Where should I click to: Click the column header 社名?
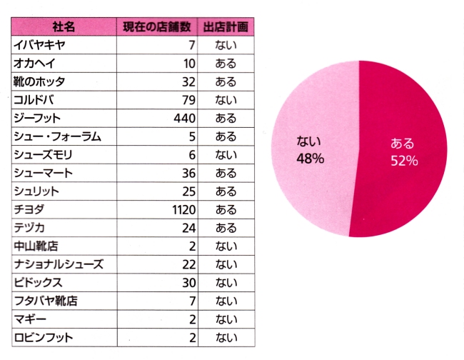[x=64, y=27]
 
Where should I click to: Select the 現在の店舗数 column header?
[x=157, y=27]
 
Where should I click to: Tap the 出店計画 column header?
[x=226, y=27]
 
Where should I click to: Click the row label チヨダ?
[x=29, y=209]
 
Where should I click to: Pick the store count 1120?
[x=183, y=210]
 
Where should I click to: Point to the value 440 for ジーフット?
[x=185, y=119]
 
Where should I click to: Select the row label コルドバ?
[x=34, y=100]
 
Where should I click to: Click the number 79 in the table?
[x=188, y=100]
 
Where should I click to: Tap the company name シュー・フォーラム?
[x=57, y=136]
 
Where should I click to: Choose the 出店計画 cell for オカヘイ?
[x=226, y=64]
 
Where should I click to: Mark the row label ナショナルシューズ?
[x=59, y=264]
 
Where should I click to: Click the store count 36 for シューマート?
[x=188, y=173]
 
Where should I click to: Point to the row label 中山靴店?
[x=36, y=246]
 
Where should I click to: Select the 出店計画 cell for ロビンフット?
[x=226, y=337]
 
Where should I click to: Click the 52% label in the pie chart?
[x=404, y=161]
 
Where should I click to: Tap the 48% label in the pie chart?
[x=310, y=159]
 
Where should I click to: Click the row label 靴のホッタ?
[x=39, y=81]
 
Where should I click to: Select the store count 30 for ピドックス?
[x=188, y=283]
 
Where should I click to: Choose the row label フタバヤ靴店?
[x=46, y=301]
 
